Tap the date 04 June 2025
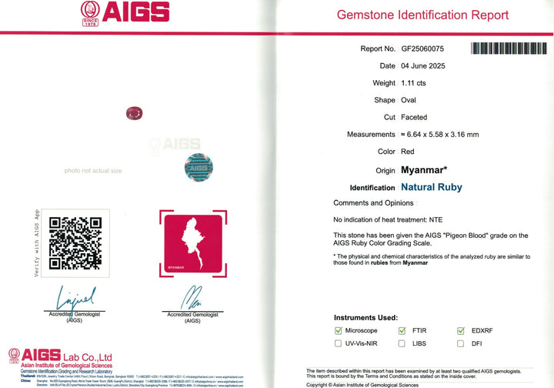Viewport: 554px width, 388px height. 423,66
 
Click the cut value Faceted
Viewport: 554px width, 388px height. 415,117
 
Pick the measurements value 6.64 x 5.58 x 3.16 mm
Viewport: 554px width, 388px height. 439,135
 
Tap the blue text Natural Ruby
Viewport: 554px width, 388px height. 432,187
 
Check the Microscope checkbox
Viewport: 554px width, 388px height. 338,331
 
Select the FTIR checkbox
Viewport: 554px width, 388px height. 402,331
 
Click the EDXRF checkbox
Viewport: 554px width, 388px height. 461,331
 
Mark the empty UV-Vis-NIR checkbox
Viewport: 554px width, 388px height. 338,343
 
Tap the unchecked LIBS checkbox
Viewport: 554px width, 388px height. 402,343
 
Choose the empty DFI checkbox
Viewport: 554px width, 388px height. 461,343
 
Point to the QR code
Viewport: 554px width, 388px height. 75,243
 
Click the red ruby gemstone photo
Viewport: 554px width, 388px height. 134,114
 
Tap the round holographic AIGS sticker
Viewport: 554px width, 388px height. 199,167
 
